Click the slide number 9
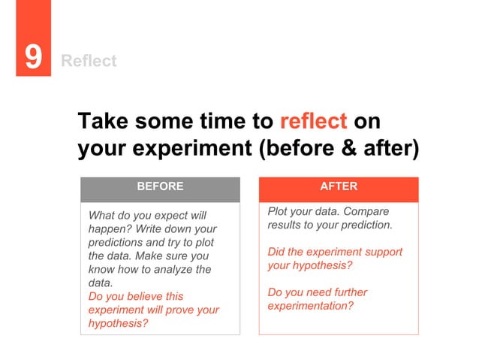[x=32, y=58]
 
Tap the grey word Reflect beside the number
[x=89, y=61]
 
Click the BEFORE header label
[x=160, y=186]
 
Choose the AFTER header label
[x=339, y=186]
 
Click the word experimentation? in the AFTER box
[x=310, y=306]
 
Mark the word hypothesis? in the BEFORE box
[x=118, y=323]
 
